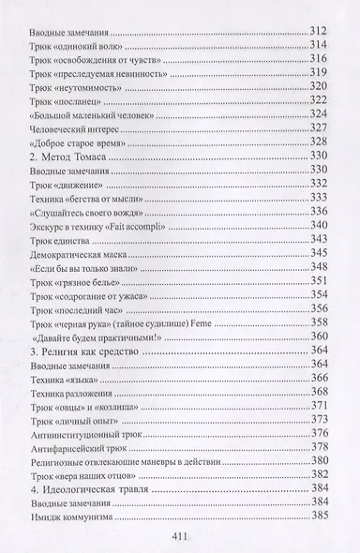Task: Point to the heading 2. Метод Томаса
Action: pos(67,156)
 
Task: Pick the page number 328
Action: pos(321,142)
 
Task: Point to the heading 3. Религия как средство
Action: pos(86,350)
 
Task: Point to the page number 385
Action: pos(321,515)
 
